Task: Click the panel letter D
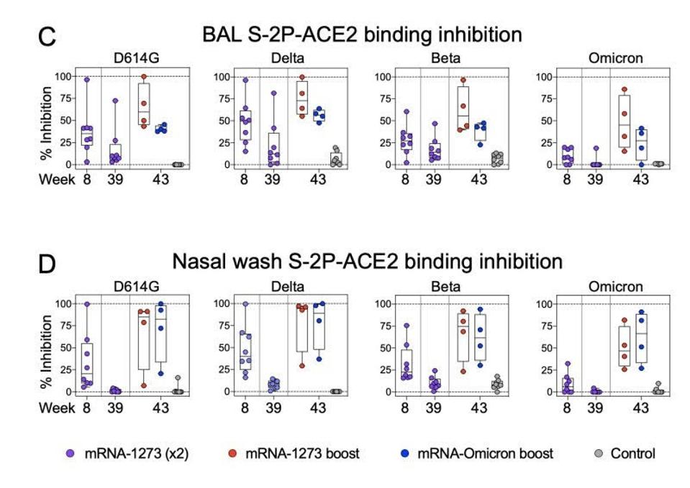coord(47,263)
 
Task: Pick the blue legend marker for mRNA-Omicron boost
coord(407,454)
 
